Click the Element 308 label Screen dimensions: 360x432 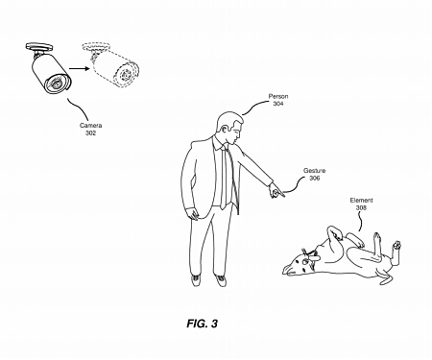[x=362, y=203]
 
